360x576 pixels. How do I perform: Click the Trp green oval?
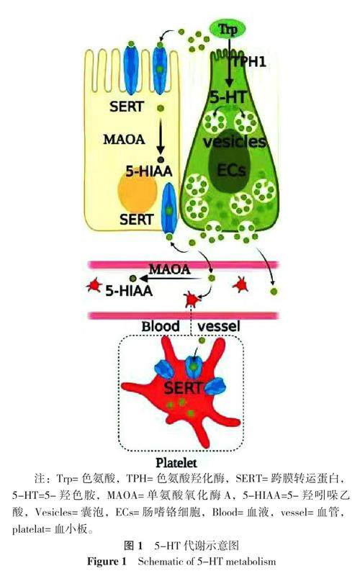[x=228, y=30]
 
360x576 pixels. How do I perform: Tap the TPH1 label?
[x=249, y=62]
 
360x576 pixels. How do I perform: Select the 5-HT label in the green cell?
[x=228, y=97]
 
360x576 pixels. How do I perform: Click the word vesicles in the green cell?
[x=235, y=142]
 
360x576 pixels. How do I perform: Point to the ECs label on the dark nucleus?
[x=231, y=170]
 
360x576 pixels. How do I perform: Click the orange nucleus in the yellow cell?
[x=138, y=192]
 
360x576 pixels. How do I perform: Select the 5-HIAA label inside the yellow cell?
[x=149, y=171]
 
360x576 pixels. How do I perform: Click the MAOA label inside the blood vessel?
[x=170, y=269]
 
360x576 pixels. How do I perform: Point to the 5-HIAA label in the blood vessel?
[x=129, y=291]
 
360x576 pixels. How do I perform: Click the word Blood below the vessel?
[x=161, y=326]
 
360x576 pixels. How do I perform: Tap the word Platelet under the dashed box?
[x=176, y=462]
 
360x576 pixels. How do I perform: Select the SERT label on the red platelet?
[x=183, y=388]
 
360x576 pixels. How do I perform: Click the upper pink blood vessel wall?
[x=183, y=264]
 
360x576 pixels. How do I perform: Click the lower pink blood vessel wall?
[x=183, y=315]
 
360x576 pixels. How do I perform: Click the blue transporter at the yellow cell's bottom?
[x=169, y=208]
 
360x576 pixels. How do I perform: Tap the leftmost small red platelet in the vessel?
[x=94, y=285]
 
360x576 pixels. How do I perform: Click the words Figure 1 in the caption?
[x=107, y=562]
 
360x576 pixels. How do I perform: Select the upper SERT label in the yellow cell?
[x=127, y=107]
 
